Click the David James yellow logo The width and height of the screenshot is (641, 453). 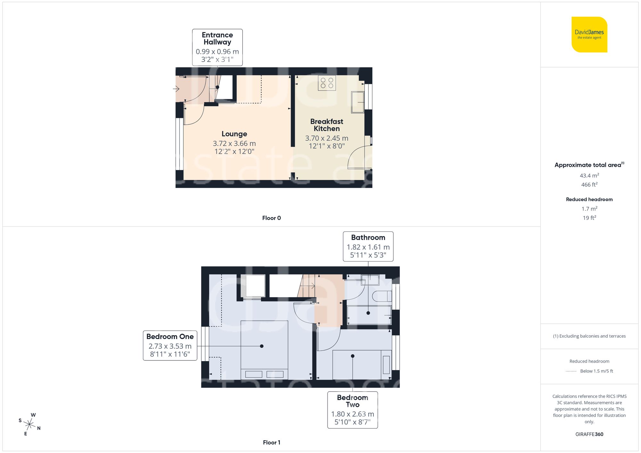(x=589, y=35)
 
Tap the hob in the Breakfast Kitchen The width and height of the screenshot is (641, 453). (x=327, y=83)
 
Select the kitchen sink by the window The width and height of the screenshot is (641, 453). (x=357, y=102)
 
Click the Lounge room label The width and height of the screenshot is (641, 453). (x=234, y=134)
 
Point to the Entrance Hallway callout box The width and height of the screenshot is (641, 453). (x=217, y=47)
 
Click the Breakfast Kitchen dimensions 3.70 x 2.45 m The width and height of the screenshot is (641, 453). (x=326, y=138)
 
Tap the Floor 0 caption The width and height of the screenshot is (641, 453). (x=271, y=218)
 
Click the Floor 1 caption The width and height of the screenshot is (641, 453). (x=271, y=442)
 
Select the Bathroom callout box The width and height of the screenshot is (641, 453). (x=368, y=246)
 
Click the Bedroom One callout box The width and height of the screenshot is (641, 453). (x=170, y=345)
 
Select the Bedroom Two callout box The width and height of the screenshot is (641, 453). (x=352, y=410)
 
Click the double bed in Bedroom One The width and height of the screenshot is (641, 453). (x=264, y=350)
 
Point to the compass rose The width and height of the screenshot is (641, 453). (x=29, y=425)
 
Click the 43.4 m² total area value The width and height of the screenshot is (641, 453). (x=589, y=175)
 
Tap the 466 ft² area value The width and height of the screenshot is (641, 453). (x=589, y=185)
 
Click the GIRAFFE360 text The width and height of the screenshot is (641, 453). (x=589, y=434)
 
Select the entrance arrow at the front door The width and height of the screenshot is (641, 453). (x=176, y=89)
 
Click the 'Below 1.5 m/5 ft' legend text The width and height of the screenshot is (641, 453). (x=596, y=371)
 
